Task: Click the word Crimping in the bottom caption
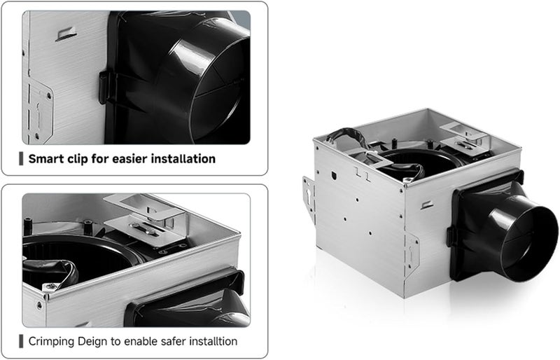pyautogui.click(x=53, y=342)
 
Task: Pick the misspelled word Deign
pyautogui.click(x=96, y=342)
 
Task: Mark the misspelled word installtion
pyautogui.click(x=214, y=342)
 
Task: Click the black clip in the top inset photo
pyautogui.click(x=106, y=88)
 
